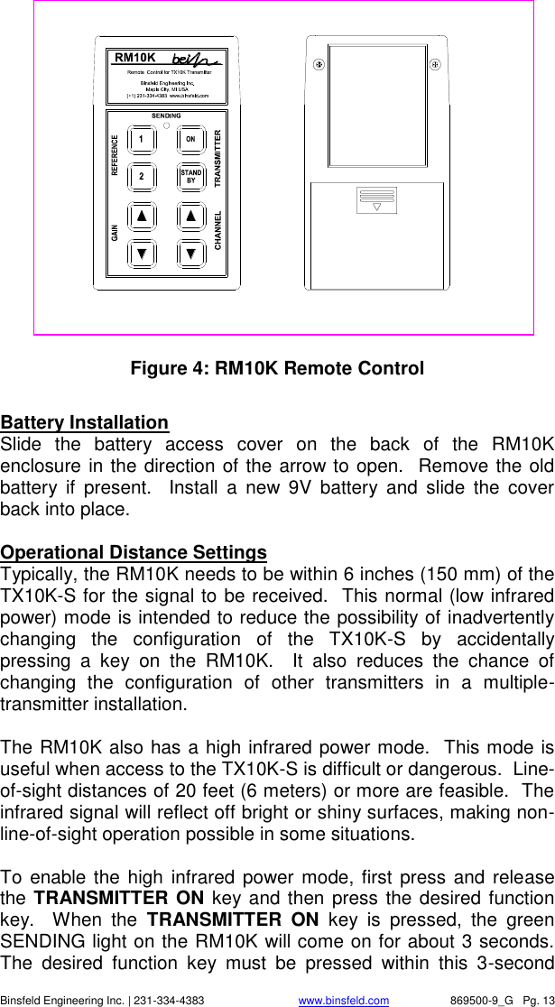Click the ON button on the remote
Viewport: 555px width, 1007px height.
coord(190,139)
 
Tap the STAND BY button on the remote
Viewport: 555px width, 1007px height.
coord(190,177)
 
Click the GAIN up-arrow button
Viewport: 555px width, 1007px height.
coord(142,216)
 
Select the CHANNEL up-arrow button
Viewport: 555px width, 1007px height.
coord(190,216)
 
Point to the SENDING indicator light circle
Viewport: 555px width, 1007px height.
coord(166,125)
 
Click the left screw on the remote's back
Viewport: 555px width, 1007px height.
coord(318,65)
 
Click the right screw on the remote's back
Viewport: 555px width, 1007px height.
coord(435,65)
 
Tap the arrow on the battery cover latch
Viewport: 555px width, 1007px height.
coord(376,207)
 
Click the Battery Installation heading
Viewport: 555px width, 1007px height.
coord(84,422)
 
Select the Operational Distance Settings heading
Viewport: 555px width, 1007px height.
coord(134,552)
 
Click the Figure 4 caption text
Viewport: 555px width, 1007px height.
coord(277,369)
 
